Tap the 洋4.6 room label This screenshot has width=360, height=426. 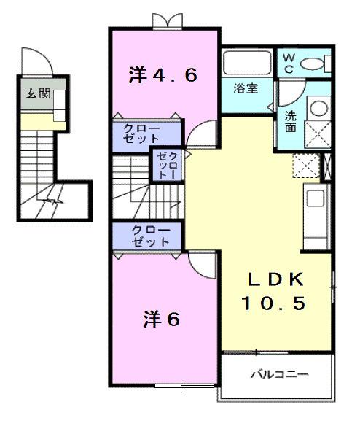point(164,74)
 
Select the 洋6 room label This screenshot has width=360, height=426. point(161,319)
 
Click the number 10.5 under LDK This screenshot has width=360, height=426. point(274,302)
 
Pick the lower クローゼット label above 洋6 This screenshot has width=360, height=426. point(151,236)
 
